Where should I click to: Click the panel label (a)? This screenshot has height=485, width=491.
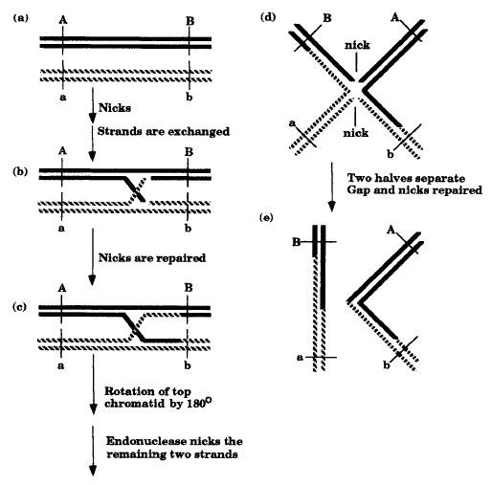pyautogui.click(x=20, y=18)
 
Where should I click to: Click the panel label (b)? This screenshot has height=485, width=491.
pyautogui.click(x=20, y=171)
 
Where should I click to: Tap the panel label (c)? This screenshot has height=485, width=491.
pyautogui.click(x=19, y=307)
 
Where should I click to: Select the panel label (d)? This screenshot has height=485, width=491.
pyautogui.click(x=268, y=17)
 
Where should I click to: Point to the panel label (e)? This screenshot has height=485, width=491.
pyautogui.click(x=266, y=218)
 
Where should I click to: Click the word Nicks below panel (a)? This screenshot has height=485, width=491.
pyautogui.click(x=115, y=108)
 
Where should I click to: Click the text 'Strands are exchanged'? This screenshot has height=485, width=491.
pyautogui.click(x=164, y=131)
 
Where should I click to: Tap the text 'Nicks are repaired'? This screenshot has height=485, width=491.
pyautogui.click(x=152, y=257)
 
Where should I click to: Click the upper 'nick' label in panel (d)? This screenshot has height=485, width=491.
pyautogui.click(x=357, y=45)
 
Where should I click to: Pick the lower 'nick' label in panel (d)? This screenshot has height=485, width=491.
pyautogui.click(x=356, y=132)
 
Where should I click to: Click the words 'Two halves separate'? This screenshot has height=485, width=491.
pyautogui.click(x=406, y=178)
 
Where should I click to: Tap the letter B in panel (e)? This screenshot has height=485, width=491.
pyautogui.click(x=297, y=242)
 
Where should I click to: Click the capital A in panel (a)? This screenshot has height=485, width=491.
pyautogui.click(x=63, y=20)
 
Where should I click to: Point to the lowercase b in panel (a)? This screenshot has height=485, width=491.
pyautogui.click(x=190, y=97)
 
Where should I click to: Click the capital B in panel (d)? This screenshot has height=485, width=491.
pyautogui.click(x=327, y=18)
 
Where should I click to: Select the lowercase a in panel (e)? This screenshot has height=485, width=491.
pyautogui.click(x=300, y=358)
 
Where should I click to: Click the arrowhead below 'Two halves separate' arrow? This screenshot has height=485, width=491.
pyautogui.click(x=332, y=207)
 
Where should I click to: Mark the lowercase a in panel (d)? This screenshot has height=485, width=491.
pyautogui.click(x=292, y=123)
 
